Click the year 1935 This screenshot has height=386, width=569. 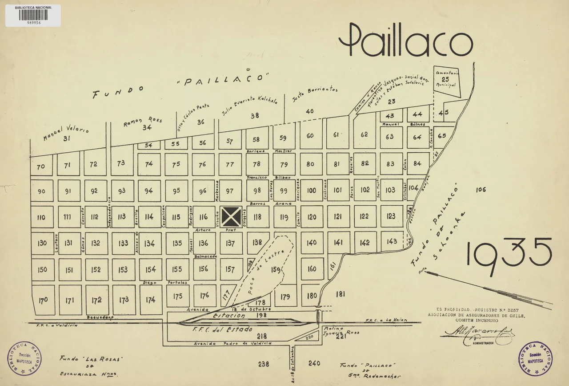509,256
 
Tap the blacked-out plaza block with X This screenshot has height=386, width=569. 232,216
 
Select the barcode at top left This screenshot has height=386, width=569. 33,15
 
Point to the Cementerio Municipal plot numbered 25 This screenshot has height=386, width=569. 446,79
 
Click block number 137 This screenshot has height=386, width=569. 230,243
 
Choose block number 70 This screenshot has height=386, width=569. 41,167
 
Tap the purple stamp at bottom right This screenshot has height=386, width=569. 535,358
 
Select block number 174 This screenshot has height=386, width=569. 151,300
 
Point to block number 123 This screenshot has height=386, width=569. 391,216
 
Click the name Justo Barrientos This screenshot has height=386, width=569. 315,93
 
